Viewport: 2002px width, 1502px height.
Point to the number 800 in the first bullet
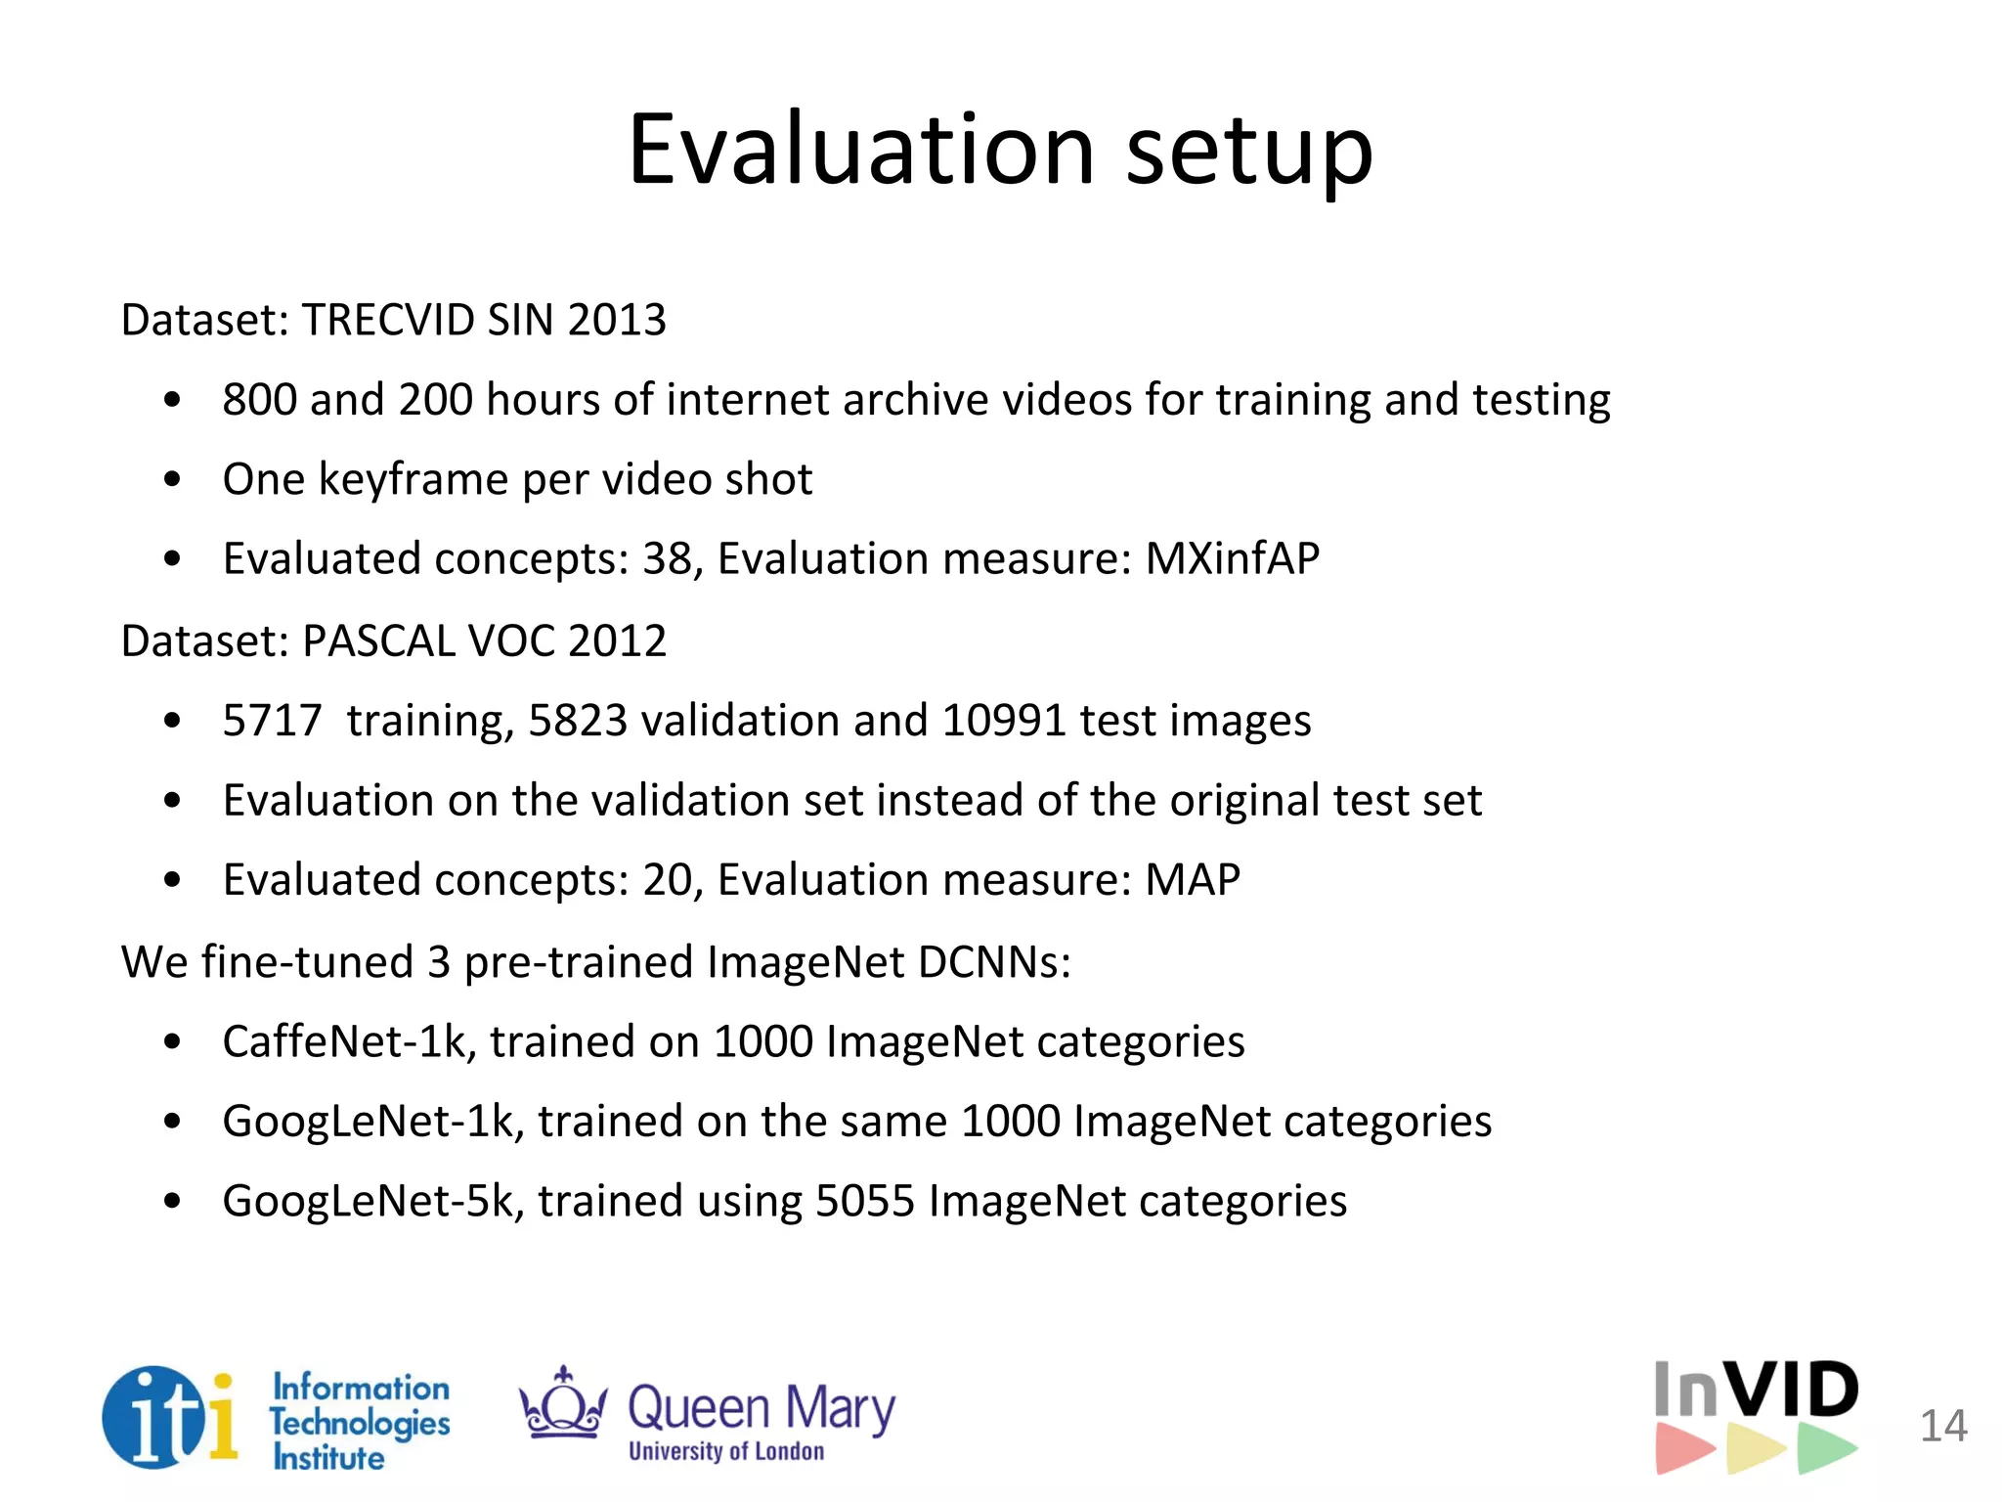[259, 399]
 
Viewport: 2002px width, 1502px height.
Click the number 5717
[272, 721]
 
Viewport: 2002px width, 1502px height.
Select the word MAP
[1192, 879]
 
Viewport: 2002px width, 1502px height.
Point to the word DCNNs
[993, 961]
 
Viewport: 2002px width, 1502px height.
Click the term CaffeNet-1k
[349, 1041]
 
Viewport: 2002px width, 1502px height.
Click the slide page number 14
[1943, 1426]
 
